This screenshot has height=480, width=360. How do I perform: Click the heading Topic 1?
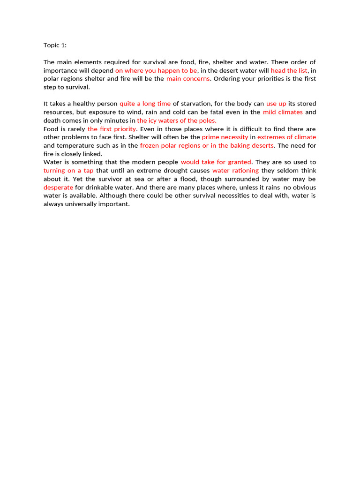click(x=55, y=45)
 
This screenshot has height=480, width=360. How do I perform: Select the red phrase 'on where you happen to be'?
click(x=156, y=70)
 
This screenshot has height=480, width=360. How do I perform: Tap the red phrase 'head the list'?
click(x=289, y=70)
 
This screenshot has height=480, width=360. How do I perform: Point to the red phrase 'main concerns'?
click(x=188, y=79)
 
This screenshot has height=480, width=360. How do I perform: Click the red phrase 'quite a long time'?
click(x=145, y=104)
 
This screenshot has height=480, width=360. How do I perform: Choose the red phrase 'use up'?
click(x=276, y=104)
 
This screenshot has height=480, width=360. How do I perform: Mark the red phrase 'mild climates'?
click(x=283, y=112)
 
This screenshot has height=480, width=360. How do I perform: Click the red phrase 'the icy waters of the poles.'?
click(x=177, y=120)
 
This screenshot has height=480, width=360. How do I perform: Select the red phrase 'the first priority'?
click(x=112, y=129)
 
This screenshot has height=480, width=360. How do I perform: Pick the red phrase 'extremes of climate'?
click(x=286, y=137)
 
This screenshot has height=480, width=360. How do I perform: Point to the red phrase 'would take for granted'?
click(x=216, y=162)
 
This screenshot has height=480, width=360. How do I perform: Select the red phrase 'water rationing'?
click(x=235, y=171)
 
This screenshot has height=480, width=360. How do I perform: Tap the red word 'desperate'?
click(x=58, y=187)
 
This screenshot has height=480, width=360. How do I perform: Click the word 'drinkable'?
click(x=98, y=187)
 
